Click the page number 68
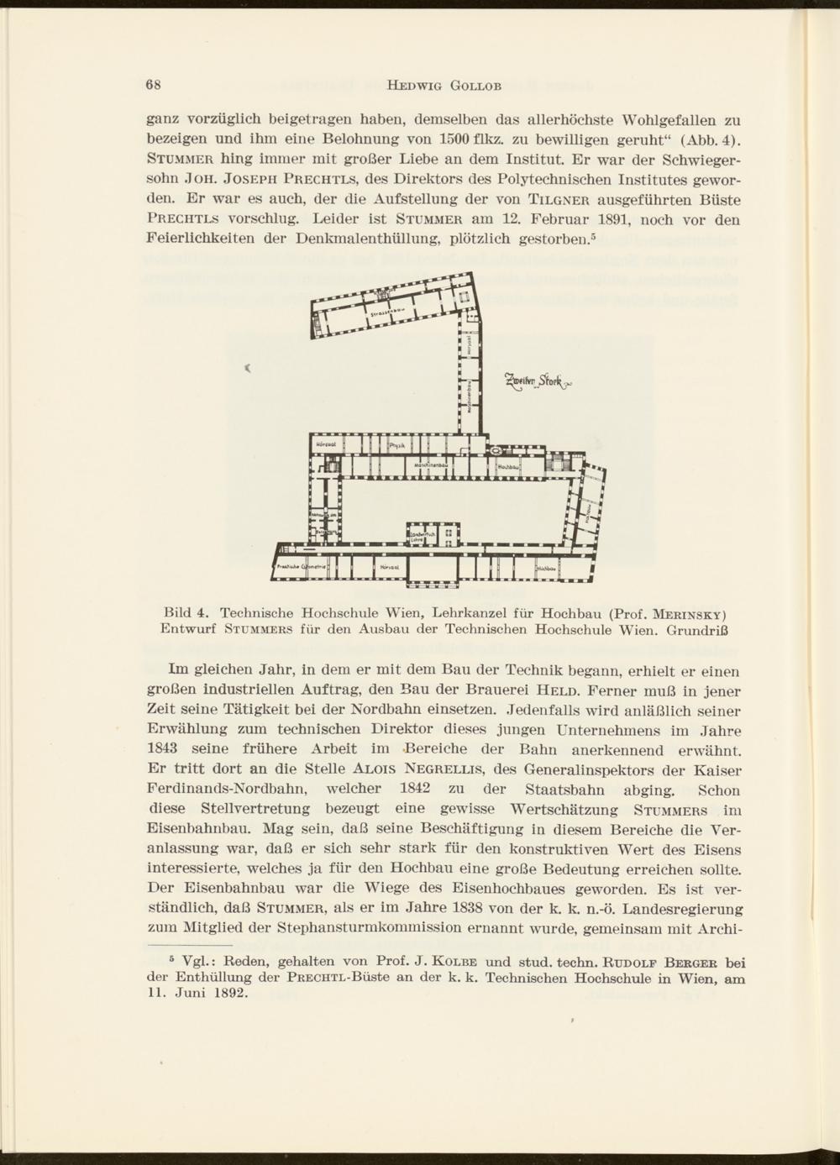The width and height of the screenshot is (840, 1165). (x=153, y=85)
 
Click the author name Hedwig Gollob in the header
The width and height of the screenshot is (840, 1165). (x=432, y=85)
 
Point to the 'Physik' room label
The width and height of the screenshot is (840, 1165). (x=397, y=445)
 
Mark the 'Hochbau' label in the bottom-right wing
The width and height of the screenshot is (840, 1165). (x=548, y=568)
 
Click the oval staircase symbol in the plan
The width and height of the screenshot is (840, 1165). (x=509, y=451)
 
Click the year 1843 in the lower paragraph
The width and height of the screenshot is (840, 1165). (x=165, y=750)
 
